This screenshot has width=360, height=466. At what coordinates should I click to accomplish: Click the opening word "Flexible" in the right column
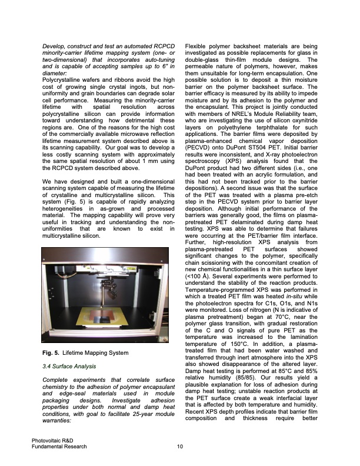point(199,45)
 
